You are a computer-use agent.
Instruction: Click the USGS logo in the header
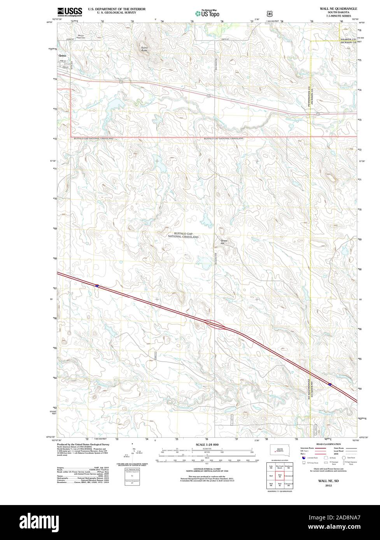coord(67,11)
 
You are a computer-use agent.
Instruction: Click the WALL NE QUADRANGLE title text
coord(338,8)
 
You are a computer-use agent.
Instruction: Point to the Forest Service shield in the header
coord(269,13)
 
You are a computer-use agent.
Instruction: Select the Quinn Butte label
coord(144,49)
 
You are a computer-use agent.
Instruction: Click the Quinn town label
coord(62,56)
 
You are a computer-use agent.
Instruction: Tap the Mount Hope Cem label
coord(81,37)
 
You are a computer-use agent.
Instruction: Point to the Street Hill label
coord(224,242)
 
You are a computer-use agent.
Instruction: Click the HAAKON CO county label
coord(348,40)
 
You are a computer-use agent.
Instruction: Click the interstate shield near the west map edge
coord(97,286)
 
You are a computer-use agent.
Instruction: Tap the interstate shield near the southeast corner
coord(330,384)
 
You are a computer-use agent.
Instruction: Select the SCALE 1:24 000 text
coord(207,444)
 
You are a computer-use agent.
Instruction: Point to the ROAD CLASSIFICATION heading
coord(328,444)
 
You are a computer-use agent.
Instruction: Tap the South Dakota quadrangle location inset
coord(279,451)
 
